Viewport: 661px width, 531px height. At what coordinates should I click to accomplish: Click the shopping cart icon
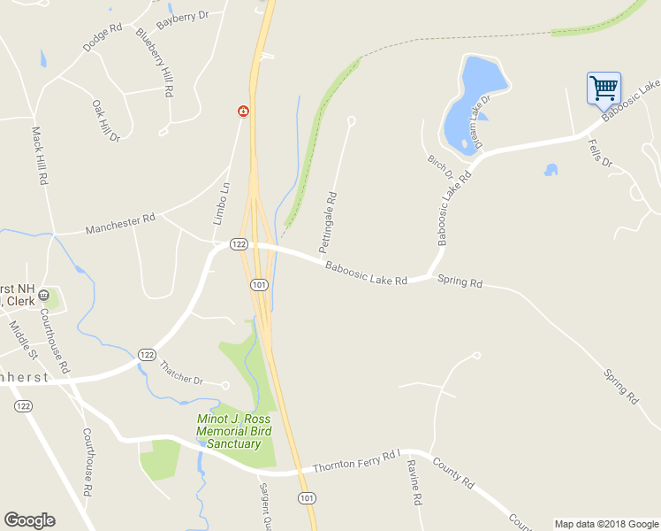pos(604,88)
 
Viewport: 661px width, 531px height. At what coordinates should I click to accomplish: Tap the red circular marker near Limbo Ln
pos(242,112)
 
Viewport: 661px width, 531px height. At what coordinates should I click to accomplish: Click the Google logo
pos(29,520)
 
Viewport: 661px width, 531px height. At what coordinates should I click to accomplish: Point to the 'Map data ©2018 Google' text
pos(605,524)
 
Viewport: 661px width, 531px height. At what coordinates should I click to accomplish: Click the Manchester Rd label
pos(120,223)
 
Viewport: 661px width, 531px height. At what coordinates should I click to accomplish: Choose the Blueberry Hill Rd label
pos(156,61)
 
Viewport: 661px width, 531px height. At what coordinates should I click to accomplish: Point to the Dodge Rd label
pos(102,36)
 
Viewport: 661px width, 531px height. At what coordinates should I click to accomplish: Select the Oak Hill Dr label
pos(106,119)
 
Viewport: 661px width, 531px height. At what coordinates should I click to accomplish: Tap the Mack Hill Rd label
pos(39,155)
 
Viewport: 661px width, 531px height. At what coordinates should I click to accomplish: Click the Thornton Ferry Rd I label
pos(357,462)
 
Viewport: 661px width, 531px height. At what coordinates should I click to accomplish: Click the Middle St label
pos(23,338)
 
